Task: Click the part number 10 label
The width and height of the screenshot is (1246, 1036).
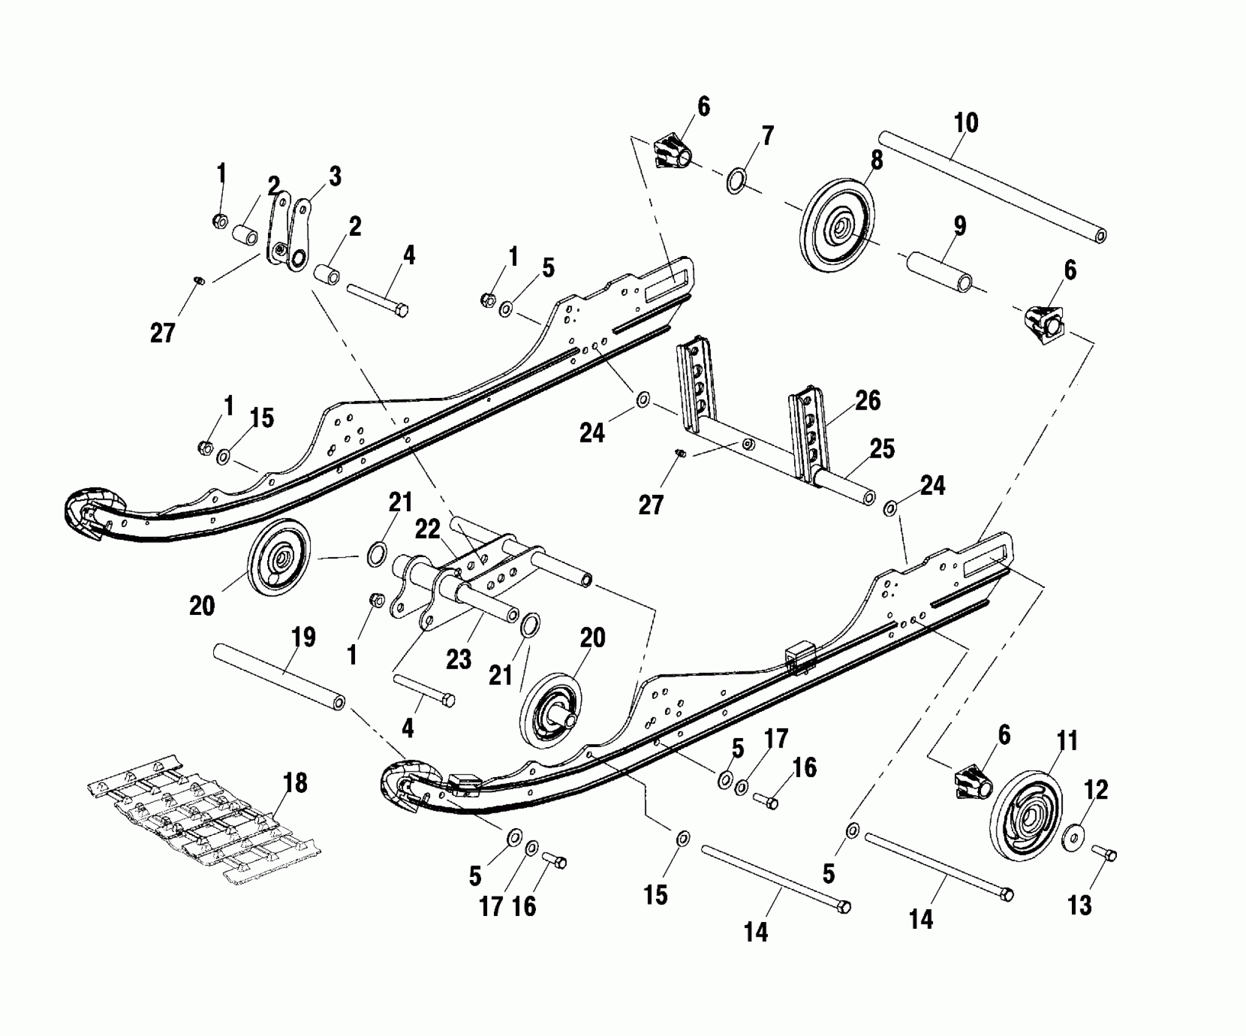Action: (966, 124)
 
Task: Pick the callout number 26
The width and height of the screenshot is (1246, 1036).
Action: (867, 400)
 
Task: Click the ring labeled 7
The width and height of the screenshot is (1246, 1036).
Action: (736, 181)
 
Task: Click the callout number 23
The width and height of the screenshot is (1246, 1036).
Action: (459, 659)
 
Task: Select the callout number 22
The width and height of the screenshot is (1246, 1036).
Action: (428, 530)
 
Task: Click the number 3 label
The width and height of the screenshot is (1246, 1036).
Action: (334, 177)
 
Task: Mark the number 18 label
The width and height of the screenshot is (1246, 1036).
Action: (295, 783)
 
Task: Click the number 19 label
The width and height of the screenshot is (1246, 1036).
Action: (303, 637)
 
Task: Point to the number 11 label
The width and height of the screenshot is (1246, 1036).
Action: (1065, 742)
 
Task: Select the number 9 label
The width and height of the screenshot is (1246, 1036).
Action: (959, 226)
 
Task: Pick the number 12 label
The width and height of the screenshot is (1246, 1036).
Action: (1096, 790)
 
